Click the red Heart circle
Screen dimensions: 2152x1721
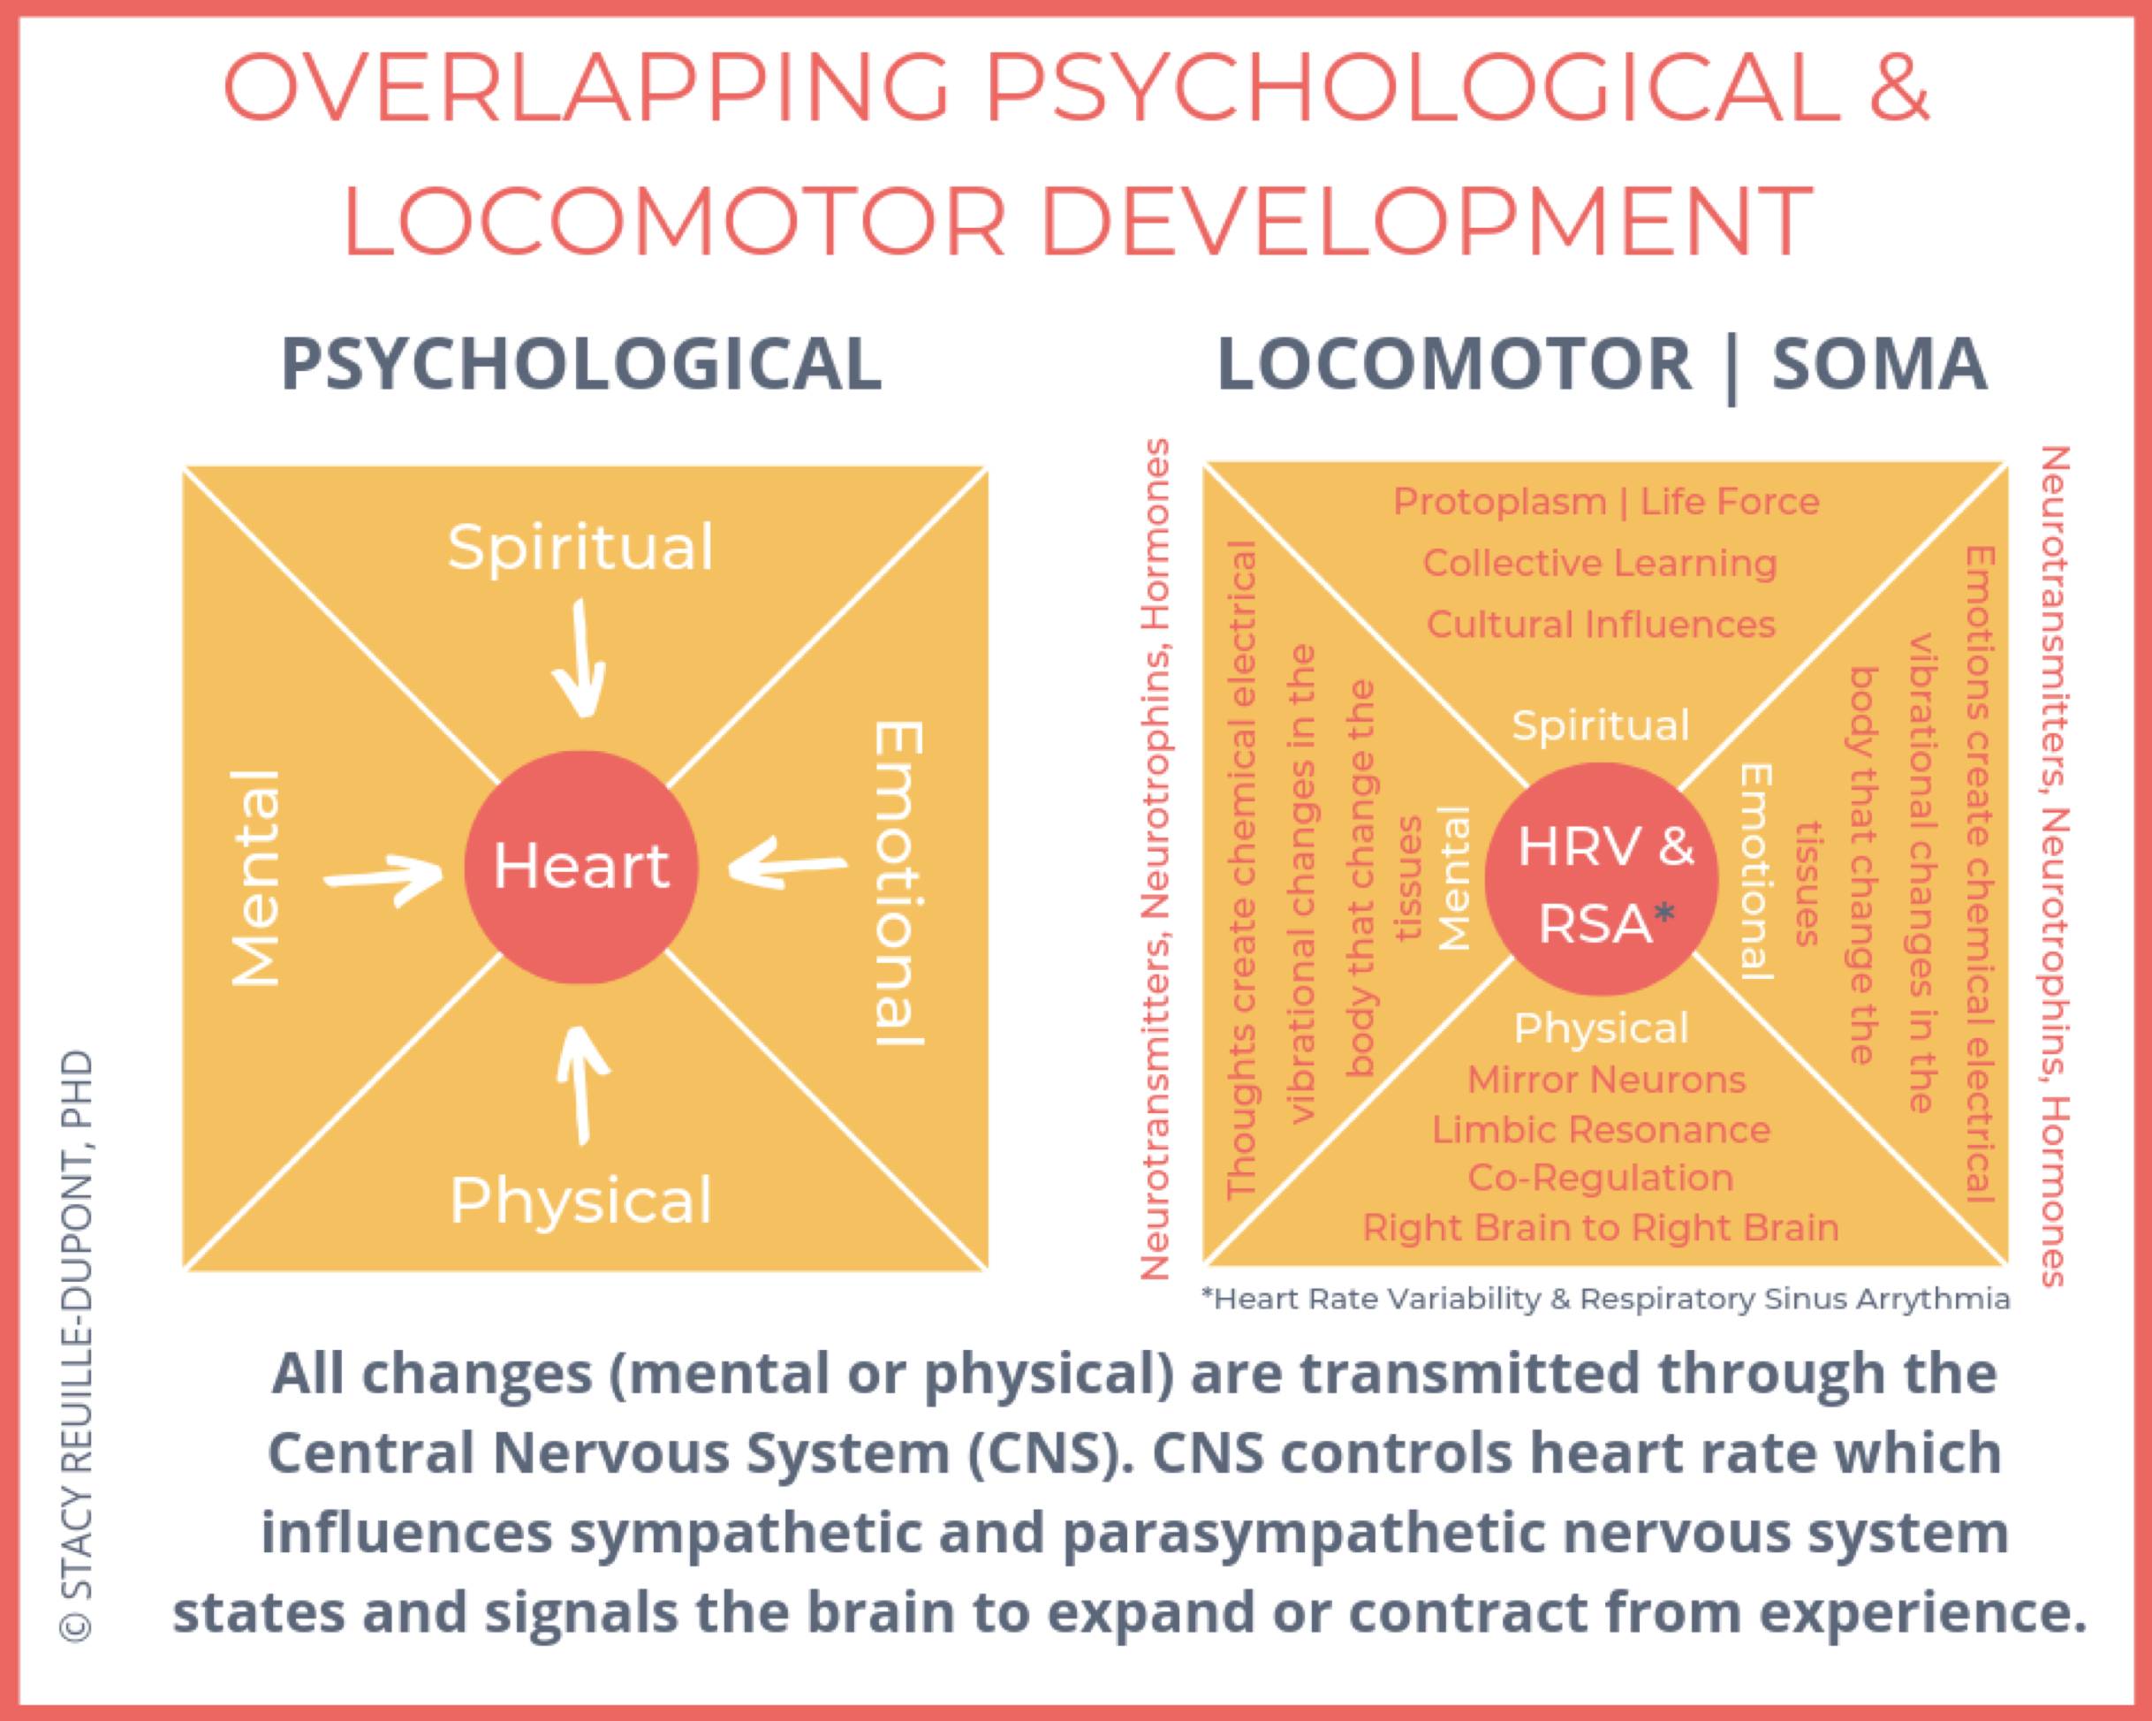tap(581, 867)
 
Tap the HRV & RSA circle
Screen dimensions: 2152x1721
tap(1601, 878)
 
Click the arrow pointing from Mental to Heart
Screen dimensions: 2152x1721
tap(384, 878)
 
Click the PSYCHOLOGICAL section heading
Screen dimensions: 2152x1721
tap(581, 363)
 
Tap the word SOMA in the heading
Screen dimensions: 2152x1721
tap(1880, 363)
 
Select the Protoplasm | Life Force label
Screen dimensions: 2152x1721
tap(1606, 501)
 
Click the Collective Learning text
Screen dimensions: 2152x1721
tap(1600, 563)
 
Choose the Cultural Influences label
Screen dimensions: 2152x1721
tap(1601, 624)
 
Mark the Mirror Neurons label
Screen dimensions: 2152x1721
tap(1606, 1079)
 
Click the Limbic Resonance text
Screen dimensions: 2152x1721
tap(1601, 1129)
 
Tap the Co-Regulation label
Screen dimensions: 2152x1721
tap(1600, 1178)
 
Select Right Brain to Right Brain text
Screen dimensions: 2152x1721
tap(1601, 1228)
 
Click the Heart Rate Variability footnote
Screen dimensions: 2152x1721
tap(1606, 1299)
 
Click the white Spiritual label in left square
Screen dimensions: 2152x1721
tap(581, 547)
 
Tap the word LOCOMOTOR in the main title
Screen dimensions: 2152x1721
tap(675, 221)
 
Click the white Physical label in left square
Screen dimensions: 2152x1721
tap(581, 1200)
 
